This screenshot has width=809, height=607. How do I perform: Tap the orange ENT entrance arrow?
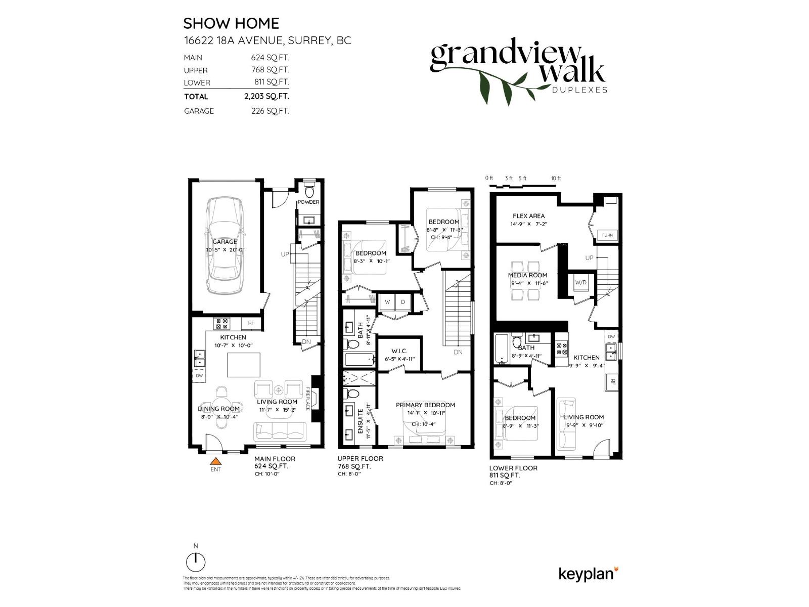(216, 461)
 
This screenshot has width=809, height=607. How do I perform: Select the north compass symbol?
(196, 561)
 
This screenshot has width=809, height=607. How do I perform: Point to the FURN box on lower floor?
(607, 235)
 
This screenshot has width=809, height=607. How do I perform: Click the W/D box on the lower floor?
(580, 283)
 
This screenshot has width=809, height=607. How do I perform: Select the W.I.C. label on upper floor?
(399, 351)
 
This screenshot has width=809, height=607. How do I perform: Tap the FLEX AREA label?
(528, 216)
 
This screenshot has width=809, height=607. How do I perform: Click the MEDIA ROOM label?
(527, 275)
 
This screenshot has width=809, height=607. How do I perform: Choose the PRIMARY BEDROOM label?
(425, 405)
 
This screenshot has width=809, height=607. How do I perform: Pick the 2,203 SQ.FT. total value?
(266, 96)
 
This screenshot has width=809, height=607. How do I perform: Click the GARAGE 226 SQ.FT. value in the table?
(270, 111)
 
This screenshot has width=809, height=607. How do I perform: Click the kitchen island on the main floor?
(244, 365)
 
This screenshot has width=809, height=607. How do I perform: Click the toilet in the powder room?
(309, 192)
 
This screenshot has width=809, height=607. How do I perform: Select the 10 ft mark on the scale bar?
(556, 179)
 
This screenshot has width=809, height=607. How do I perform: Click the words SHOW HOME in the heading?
(231, 23)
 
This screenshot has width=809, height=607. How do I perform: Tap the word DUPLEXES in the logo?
(579, 90)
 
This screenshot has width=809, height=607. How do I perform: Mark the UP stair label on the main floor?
(285, 254)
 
